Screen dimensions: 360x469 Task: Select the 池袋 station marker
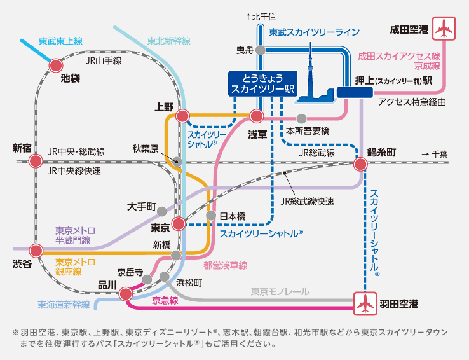(57, 65)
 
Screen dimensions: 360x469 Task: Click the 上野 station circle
(182, 116)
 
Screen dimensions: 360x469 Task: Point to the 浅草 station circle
(257, 116)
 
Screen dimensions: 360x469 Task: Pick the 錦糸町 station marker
(361, 165)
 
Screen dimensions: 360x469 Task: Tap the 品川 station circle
(126, 294)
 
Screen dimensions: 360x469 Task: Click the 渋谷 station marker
(37, 249)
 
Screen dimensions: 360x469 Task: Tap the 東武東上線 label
(60, 41)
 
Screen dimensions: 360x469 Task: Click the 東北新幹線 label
(168, 41)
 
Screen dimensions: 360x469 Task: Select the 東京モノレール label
(280, 291)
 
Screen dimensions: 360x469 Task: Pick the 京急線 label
(165, 300)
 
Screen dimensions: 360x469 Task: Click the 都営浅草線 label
(225, 265)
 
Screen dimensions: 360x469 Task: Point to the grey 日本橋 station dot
(212, 216)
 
